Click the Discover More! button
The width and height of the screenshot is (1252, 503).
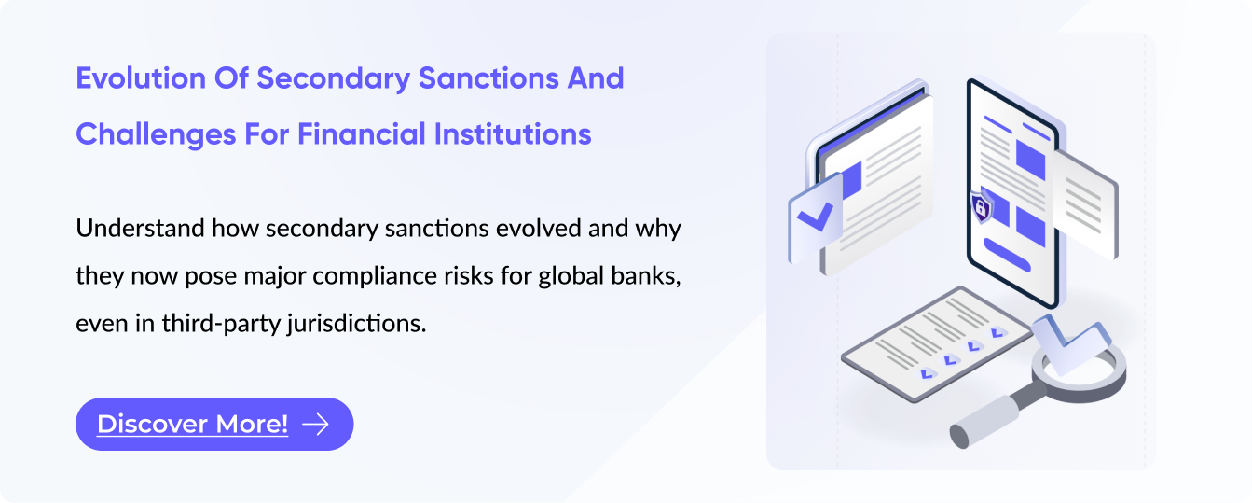(214, 424)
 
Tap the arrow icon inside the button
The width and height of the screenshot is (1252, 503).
(316, 425)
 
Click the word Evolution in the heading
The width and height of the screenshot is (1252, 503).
(141, 78)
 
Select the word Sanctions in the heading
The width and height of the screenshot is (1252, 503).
(488, 78)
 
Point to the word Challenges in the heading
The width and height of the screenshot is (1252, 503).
(156, 134)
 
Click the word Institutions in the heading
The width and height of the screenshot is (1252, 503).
(513, 134)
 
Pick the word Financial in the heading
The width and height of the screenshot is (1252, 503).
(362, 134)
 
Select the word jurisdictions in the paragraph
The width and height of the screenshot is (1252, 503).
(357, 324)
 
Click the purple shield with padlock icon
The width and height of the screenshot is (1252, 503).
(981, 207)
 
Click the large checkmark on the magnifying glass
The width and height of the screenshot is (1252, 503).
(1070, 342)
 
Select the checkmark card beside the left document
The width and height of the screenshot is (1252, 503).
(815, 217)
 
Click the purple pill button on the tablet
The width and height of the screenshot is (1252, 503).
(1007, 255)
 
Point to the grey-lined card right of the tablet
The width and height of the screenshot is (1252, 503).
(1085, 204)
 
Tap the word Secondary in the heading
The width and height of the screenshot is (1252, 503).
(334, 78)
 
